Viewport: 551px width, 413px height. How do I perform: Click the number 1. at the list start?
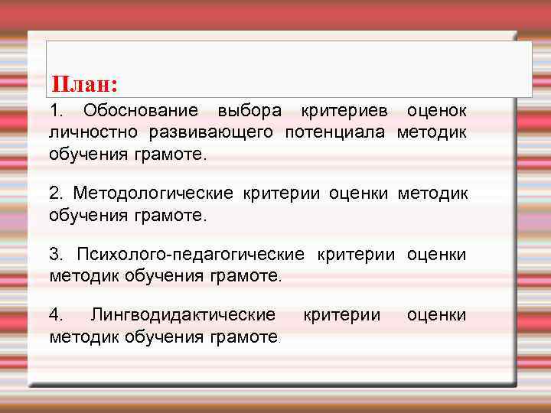(x=57, y=111)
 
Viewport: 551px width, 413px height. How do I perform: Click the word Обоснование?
(x=140, y=111)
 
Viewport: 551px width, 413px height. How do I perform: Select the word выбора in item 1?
(x=249, y=111)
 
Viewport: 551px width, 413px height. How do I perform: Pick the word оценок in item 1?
(x=436, y=111)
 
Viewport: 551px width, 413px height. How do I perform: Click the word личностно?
(x=94, y=132)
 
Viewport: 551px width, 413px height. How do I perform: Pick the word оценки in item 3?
(x=436, y=253)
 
